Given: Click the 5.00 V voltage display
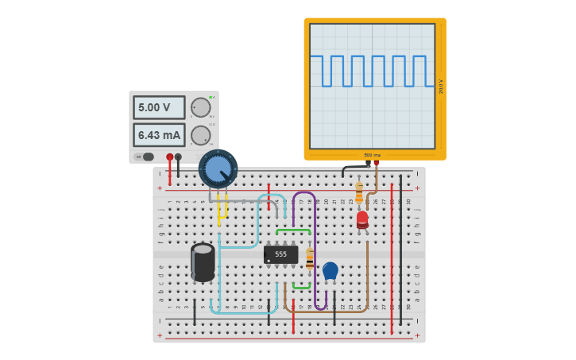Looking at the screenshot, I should [x=159, y=107].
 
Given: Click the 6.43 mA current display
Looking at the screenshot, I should [x=159, y=135].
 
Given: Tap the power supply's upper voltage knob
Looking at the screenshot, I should [x=201, y=107].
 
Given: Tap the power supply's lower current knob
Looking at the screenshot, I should [x=201, y=135].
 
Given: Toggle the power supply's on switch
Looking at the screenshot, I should [x=147, y=157].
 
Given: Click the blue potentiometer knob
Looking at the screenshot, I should [x=218, y=168].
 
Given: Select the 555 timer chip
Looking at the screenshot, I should [x=280, y=254].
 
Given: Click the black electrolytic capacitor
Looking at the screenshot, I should [x=203, y=262].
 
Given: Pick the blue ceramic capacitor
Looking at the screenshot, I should [x=331, y=271].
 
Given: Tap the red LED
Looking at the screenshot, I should [x=362, y=219].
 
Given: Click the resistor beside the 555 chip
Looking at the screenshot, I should [x=310, y=259].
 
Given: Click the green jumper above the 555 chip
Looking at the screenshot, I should [x=293, y=230].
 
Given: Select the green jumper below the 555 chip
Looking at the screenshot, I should [x=301, y=287].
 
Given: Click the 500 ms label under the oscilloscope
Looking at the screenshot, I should [x=372, y=155].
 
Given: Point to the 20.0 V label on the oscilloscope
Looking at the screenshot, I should [x=441, y=86].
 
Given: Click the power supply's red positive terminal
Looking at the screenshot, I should [x=169, y=157].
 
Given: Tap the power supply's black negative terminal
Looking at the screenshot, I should [x=178, y=157].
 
